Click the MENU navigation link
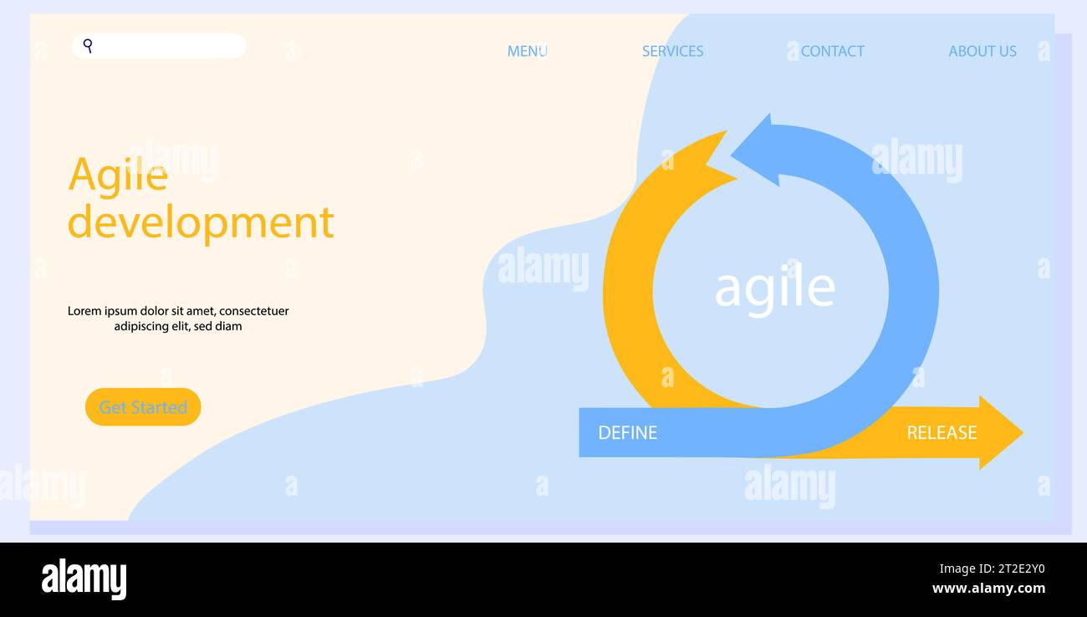527,51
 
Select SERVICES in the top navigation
672,51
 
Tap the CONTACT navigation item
832,51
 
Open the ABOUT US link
982,51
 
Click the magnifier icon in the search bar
88,45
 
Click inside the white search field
167,46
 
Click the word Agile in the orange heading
117,176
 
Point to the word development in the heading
201,222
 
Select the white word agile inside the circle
774,288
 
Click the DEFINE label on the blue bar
627,432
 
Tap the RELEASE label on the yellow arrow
942,432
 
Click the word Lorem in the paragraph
84,311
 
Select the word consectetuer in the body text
253,311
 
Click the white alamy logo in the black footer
84,579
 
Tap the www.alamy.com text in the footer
988,589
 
